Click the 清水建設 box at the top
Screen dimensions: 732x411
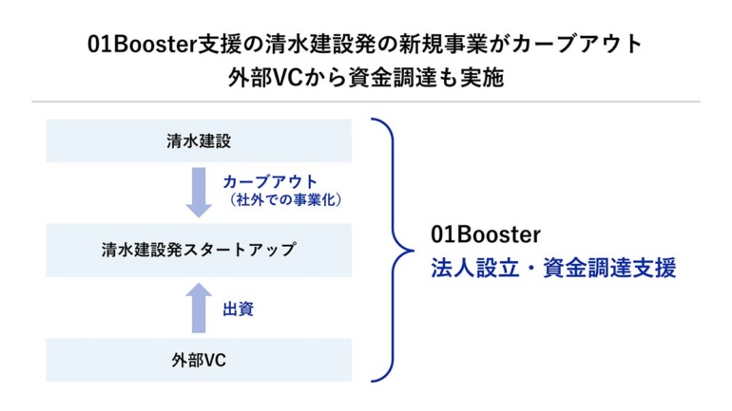click(199, 140)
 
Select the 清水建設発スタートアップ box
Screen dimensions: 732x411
click(199, 250)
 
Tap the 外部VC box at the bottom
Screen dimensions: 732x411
click(199, 360)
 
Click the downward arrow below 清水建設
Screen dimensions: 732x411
click(199, 192)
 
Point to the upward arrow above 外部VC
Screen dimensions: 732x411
click(199, 308)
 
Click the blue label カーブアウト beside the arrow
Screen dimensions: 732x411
click(270, 181)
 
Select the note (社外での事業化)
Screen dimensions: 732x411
click(285, 200)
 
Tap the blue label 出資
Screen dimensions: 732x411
click(238, 308)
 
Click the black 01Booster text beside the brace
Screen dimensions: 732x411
click(486, 234)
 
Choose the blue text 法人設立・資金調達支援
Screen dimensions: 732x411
click(553, 268)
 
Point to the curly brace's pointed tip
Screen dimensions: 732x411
click(413, 251)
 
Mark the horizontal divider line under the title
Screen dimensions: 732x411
click(366, 102)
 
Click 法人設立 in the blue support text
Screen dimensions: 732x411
click(474, 268)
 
